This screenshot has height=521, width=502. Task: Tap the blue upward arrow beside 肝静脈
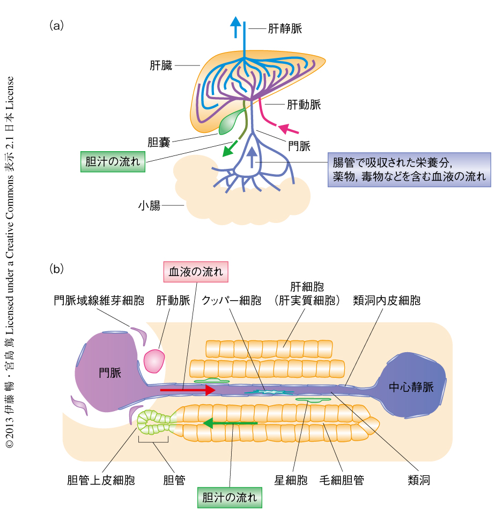click(x=235, y=27)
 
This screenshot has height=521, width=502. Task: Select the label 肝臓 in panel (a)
click(x=161, y=66)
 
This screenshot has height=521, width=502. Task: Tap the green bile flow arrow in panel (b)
click(x=231, y=422)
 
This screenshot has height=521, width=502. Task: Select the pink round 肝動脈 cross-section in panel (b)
click(x=154, y=361)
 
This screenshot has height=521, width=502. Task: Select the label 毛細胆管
click(x=341, y=480)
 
